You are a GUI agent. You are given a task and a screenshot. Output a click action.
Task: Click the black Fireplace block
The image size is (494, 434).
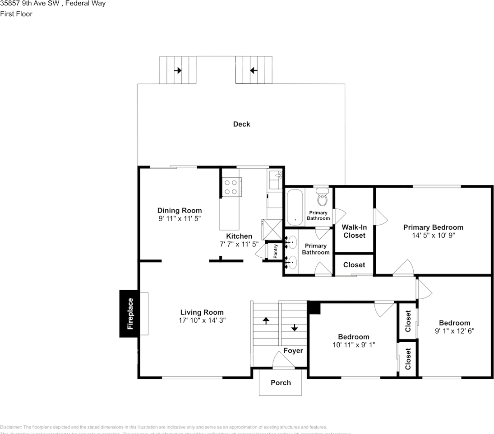[x=129, y=313]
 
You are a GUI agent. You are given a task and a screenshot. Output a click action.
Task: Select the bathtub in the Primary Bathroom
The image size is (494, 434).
[x=295, y=207]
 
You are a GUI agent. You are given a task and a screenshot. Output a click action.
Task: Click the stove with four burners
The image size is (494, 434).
[x=231, y=187]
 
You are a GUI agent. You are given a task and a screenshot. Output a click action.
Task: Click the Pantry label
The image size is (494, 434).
[x=275, y=252]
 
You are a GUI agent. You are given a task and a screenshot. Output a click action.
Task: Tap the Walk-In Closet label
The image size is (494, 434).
[x=354, y=231]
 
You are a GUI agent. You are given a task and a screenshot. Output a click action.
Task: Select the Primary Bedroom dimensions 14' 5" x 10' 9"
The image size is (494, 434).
[x=433, y=236]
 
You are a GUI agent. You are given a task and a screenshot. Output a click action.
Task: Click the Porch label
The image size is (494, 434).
[x=281, y=382]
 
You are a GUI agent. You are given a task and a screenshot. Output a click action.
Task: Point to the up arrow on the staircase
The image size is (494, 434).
[x=266, y=321]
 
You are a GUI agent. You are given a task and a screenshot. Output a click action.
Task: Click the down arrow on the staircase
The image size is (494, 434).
[x=295, y=327]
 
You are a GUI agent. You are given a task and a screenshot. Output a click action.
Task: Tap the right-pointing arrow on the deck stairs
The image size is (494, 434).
[x=178, y=71]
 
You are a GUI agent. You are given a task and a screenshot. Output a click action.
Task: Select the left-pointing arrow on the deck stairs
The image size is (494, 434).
[x=254, y=71]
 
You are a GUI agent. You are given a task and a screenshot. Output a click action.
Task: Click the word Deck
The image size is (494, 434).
[x=241, y=124]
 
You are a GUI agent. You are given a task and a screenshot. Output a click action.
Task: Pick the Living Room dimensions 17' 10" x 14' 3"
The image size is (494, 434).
[x=202, y=320]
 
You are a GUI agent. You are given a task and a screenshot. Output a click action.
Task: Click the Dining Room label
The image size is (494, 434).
[x=179, y=210]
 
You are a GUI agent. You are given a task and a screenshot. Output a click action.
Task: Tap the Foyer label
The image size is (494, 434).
[x=293, y=350]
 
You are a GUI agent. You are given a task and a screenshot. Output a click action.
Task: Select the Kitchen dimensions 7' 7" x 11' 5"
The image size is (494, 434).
[x=239, y=244]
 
